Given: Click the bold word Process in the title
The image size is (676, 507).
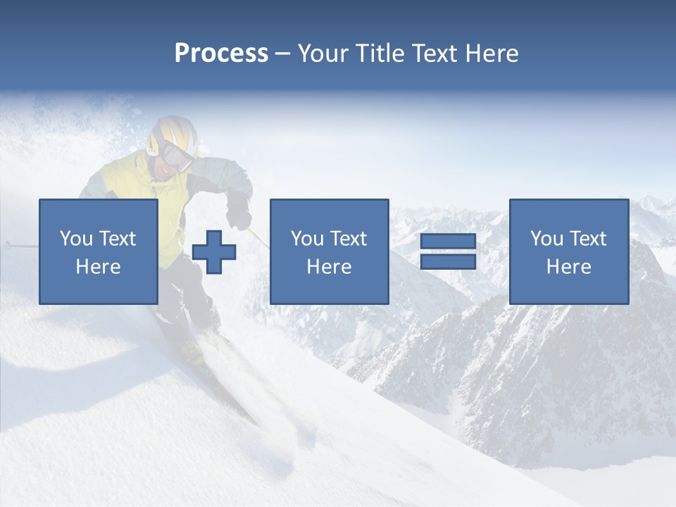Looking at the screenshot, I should click(221, 54).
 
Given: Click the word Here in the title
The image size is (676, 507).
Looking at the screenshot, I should click(492, 54).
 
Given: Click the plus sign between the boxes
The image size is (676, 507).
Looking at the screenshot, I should click(214, 252).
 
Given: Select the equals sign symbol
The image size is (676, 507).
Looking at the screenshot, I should click(448, 252).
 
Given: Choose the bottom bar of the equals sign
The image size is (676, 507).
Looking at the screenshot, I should click(448, 261).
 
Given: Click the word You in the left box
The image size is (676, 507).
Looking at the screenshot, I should click(76, 239).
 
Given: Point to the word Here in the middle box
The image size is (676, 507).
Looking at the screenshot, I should click(329, 267).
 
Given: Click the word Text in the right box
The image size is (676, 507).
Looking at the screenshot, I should click(587, 239).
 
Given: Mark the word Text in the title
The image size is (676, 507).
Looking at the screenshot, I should click(434, 54).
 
